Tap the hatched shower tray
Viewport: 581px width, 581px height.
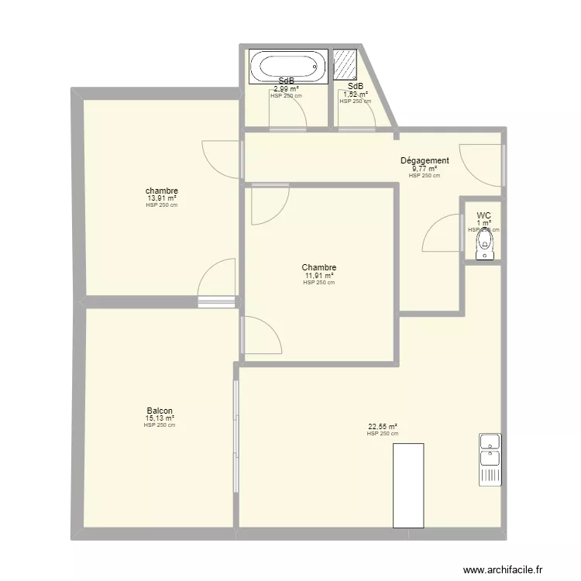point(346,65)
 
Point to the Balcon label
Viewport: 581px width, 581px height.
point(160,411)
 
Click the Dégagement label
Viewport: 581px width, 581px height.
point(425,161)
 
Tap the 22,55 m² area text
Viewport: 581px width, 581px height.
point(383,426)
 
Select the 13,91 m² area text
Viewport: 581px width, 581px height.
point(162,198)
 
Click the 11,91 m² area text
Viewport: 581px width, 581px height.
point(319,276)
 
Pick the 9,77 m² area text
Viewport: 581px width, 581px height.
point(425,169)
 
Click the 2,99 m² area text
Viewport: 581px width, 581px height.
point(286,89)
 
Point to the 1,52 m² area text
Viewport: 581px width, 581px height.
point(356,95)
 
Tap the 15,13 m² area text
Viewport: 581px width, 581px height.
point(160,418)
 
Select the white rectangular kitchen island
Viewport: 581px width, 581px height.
point(408,486)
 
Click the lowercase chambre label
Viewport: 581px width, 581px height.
point(162,191)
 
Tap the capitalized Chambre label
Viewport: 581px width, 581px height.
point(319,268)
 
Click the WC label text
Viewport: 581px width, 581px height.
point(483,216)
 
